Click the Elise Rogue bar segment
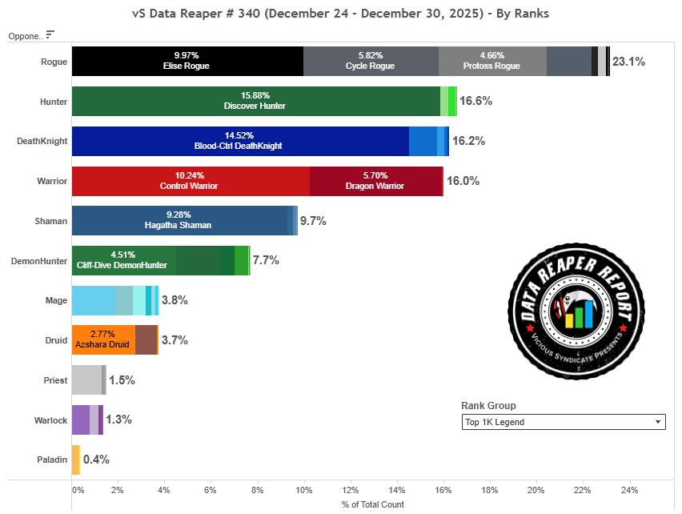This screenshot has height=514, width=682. (x=187, y=61)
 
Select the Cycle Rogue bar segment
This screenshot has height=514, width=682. (x=371, y=61)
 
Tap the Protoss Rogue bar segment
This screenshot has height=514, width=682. (x=492, y=61)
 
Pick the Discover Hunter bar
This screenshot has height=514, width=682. (x=255, y=101)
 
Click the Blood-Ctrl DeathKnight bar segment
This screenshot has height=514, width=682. (x=240, y=141)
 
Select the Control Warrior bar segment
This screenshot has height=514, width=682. (x=191, y=181)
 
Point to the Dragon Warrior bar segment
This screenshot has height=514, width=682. (x=375, y=181)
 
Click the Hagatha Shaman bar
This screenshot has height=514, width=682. (x=179, y=220)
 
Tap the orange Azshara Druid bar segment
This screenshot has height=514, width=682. (x=103, y=339)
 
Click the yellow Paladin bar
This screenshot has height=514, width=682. (x=76, y=460)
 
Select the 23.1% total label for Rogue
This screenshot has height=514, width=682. (x=628, y=62)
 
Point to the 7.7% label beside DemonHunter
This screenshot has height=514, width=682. (x=265, y=260)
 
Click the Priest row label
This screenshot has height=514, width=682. (x=55, y=380)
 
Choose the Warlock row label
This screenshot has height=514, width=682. (x=50, y=420)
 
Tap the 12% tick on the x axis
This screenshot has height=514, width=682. (x=351, y=489)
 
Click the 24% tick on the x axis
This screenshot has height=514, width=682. (x=629, y=489)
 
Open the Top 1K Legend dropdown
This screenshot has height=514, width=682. (x=563, y=422)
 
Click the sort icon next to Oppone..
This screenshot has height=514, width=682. (x=50, y=34)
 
